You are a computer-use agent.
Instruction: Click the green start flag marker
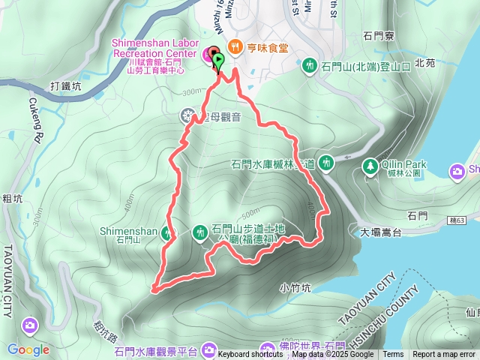pos(218,60)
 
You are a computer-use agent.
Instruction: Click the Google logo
pos(28,349)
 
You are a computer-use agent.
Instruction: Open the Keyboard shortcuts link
pos(251,355)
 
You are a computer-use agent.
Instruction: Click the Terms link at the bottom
pos(393,355)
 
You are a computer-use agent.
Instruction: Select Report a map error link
pos(444,355)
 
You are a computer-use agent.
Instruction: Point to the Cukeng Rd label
pos(34,120)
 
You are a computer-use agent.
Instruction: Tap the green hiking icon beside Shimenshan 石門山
pos(166,232)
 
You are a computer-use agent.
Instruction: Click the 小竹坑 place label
pos(294,287)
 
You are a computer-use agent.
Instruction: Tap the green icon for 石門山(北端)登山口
pos(309,67)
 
